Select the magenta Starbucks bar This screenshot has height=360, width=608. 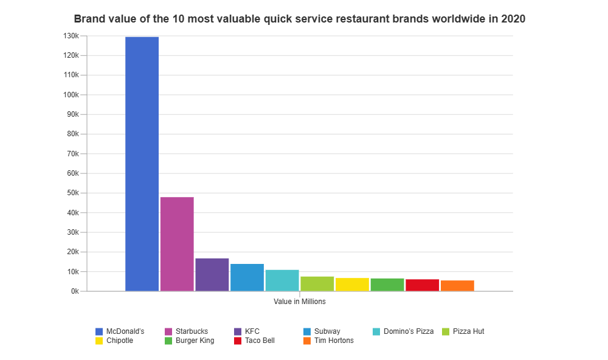[x=177, y=244]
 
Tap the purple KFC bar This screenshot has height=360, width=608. [x=212, y=274]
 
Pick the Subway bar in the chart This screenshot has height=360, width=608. [x=247, y=277]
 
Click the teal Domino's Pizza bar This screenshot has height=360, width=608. [x=282, y=280]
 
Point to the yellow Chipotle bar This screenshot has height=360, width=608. [x=352, y=284]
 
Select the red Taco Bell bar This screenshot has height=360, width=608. [x=422, y=285]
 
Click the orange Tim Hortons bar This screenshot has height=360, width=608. [x=457, y=285]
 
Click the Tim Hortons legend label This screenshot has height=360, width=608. [x=334, y=341]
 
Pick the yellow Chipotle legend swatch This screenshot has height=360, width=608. [x=99, y=341]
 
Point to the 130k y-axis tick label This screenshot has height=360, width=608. [x=71, y=36]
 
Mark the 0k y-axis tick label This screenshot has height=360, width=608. [x=74, y=291]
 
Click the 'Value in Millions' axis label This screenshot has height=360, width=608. [x=300, y=301]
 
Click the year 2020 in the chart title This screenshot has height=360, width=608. [x=513, y=19]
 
